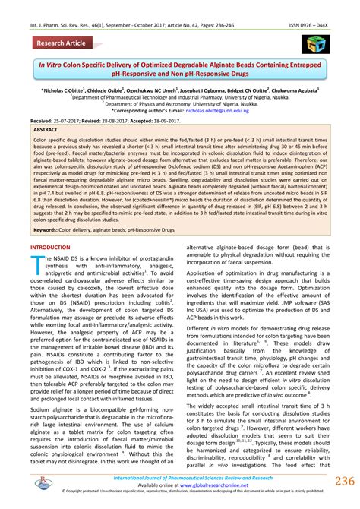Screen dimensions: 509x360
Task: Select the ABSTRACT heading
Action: [x=46, y=131]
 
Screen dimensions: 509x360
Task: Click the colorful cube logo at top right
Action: [x=312, y=43]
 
